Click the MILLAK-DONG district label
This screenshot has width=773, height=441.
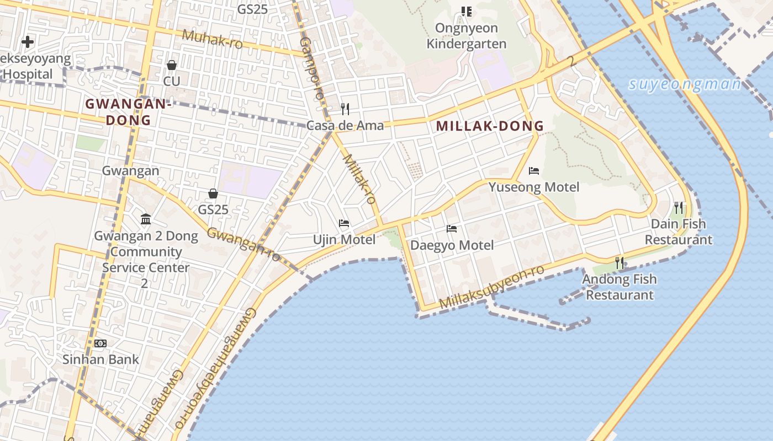[x=490, y=126]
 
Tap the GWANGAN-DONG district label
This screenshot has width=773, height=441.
[x=126, y=112]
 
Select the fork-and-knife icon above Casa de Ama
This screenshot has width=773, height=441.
[x=345, y=109]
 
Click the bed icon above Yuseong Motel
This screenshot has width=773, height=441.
[x=533, y=171]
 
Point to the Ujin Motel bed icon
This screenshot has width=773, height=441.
[x=344, y=223]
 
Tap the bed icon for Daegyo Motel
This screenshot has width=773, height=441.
[x=452, y=228]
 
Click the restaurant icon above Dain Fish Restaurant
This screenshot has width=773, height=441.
[x=679, y=208]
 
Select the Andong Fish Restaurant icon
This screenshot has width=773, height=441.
[x=620, y=263]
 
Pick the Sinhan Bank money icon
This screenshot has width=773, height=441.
[x=100, y=343]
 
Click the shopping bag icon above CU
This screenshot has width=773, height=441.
[x=172, y=65]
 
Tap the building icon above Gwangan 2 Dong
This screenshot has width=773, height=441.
[x=146, y=219]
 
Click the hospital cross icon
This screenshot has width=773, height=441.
[x=27, y=41]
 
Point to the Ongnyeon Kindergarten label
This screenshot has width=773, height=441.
[x=467, y=36]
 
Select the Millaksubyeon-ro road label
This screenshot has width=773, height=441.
[x=492, y=287]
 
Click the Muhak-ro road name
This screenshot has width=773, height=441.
[x=212, y=39]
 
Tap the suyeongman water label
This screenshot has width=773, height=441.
[x=685, y=84]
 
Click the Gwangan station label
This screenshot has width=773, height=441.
[x=130, y=171]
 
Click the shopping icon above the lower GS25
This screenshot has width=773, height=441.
[x=213, y=193]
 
